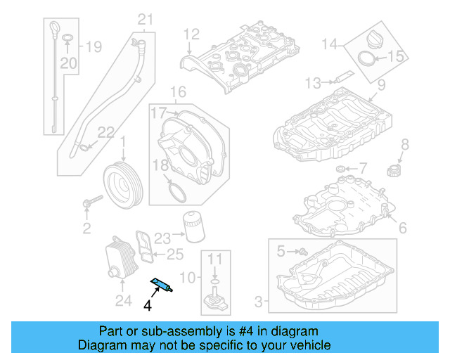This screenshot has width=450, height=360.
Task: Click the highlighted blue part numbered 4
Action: (x=162, y=284)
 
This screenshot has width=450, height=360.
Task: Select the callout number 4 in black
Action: (x=147, y=305)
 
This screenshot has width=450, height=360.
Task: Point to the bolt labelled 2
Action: (x=89, y=203)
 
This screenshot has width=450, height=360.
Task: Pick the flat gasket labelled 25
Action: (x=146, y=243)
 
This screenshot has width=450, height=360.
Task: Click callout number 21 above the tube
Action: (x=144, y=18)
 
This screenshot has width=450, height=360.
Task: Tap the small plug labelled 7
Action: (x=341, y=169)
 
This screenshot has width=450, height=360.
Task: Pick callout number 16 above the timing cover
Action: (x=178, y=92)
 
